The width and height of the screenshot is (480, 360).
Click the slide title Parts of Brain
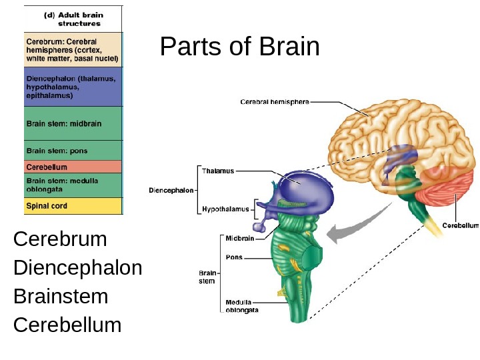tap(240, 48)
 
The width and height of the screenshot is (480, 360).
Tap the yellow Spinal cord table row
tap(73, 206)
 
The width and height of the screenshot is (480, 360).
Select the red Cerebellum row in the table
tap(73, 167)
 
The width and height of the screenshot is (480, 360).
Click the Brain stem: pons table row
tap(73, 151)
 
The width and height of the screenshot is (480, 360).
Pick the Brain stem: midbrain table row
tap(73, 123)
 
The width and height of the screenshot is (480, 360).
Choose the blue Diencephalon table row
tap(73, 87)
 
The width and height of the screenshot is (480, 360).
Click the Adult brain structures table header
tap(73, 19)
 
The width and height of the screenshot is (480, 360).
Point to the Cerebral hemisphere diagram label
tap(275, 102)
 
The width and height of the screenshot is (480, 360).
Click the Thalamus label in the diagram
tap(218, 171)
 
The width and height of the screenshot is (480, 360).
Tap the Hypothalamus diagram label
tap(225, 209)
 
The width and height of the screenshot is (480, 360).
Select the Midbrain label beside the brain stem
tap(239, 238)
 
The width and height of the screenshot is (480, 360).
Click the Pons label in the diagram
tap(234, 257)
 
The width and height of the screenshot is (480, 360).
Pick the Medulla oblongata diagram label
tap(242, 305)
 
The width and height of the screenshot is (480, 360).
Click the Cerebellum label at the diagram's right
tap(461, 225)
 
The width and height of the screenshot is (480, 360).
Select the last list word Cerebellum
tap(67, 325)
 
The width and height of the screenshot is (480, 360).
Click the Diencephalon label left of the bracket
tap(171, 190)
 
